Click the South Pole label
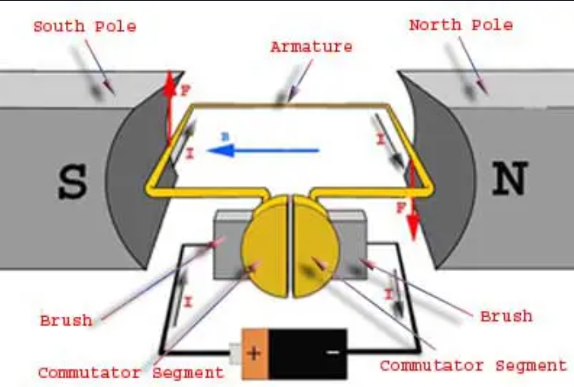click(84, 26)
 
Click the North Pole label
click(460, 25)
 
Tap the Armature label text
click(311, 47)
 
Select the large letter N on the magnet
click(509, 179)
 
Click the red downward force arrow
click(414, 201)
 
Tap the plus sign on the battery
click(254, 353)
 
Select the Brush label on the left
click(66, 320)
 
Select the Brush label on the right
click(506, 316)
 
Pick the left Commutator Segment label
click(131, 373)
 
